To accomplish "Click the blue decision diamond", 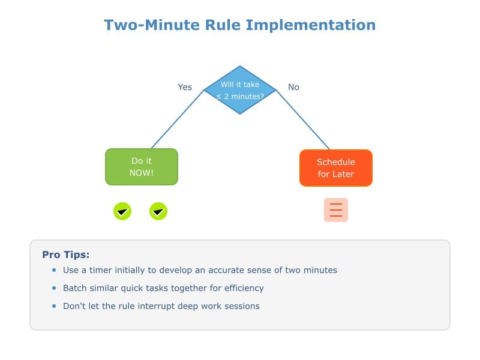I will coord(240,90).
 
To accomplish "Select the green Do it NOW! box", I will coord(142,167).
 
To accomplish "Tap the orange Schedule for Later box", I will coord(336,167).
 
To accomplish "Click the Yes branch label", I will coord(185,87).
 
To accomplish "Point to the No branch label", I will coord(293,87).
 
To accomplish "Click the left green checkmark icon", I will coord(122,211).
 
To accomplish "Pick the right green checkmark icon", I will coord(158,211).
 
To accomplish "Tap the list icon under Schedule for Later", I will coord(336,210).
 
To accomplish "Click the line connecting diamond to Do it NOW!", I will coord(178,119).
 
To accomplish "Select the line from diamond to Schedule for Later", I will coord(303,119).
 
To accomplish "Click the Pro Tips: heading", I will coord(66,254).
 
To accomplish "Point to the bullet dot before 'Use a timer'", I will coord(54,270).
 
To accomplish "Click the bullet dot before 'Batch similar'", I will coord(54,288).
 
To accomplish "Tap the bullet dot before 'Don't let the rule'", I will coord(54,306).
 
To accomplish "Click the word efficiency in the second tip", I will coord(243,288).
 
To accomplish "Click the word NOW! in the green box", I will coord(142,173).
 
